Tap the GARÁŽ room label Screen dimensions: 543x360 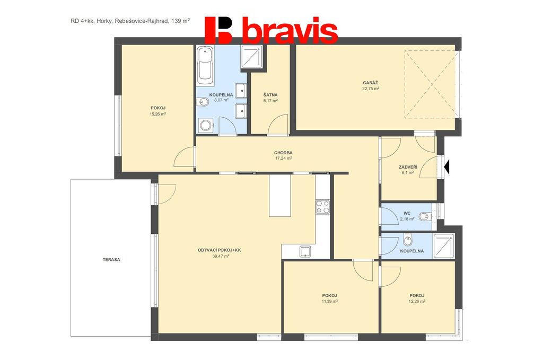tap(370, 83)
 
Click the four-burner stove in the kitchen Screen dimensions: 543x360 tap(322, 207)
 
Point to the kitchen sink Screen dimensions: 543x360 tap(306, 252)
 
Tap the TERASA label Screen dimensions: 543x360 tap(111, 259)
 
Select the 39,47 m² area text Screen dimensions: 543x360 tap(221, 256)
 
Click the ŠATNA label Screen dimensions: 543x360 tap(270, 95)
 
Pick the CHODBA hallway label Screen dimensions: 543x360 tap(283, 153)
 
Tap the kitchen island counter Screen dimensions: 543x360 tap(280, 195)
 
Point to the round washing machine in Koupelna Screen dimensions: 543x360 tap(206, 125)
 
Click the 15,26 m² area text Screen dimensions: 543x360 tap(157, 113)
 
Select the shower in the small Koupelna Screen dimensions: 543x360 tap(443, 246)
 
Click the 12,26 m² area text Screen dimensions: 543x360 tap(417, 301)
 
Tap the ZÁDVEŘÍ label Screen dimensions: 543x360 tap(408, 167)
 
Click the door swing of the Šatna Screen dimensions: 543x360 tap(278, 124)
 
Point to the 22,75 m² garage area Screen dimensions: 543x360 tap(370, 89)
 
